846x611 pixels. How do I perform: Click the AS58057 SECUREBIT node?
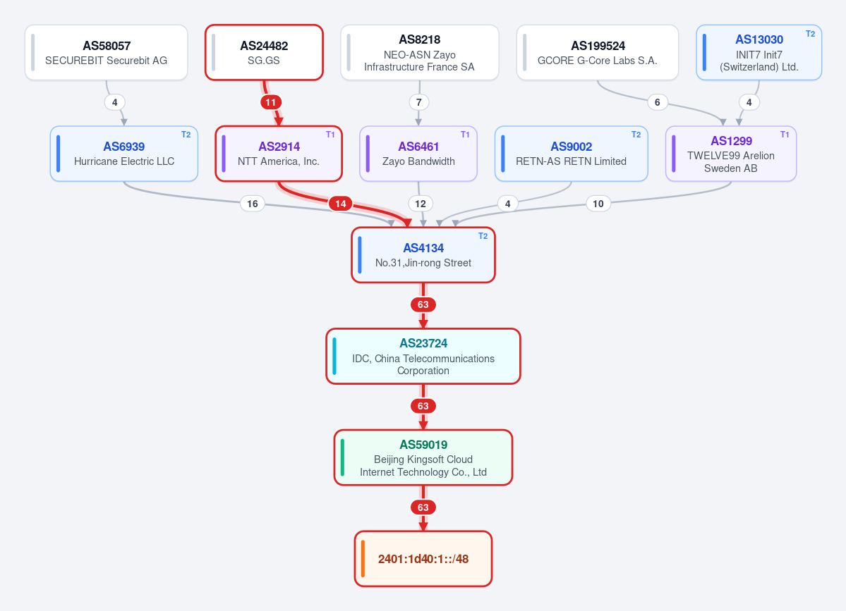tap(107, 53)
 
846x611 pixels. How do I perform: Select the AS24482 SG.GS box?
tap(264, 53)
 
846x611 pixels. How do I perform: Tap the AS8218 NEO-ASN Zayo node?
tap(419, 53)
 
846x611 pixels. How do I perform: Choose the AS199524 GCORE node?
tap(597, 53)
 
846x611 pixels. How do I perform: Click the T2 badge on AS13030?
tap(811, 33)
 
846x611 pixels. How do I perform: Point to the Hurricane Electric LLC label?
tap(124, 161)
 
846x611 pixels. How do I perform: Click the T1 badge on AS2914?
tap(330, 135)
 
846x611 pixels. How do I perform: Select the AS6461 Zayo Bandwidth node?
tap(418, 154)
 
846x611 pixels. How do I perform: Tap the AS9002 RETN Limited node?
tap(571, 154)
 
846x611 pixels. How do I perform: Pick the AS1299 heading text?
tap(731, 141)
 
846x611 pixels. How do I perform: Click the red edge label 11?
tap(271, 102)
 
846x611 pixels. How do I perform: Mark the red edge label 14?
tap(341, 204)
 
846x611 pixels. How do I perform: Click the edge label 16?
tap(253, 204)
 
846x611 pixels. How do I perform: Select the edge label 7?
tap(419, 102)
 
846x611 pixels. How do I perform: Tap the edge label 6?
tap(657, 102)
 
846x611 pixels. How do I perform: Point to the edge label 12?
tap(421, 204)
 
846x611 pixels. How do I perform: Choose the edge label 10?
tap(598, 204)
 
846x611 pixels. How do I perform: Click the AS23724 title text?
tap(423, 344)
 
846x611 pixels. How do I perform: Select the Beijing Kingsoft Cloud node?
tap(423, 457)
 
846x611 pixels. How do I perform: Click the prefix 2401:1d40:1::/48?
tap(423, 559)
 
